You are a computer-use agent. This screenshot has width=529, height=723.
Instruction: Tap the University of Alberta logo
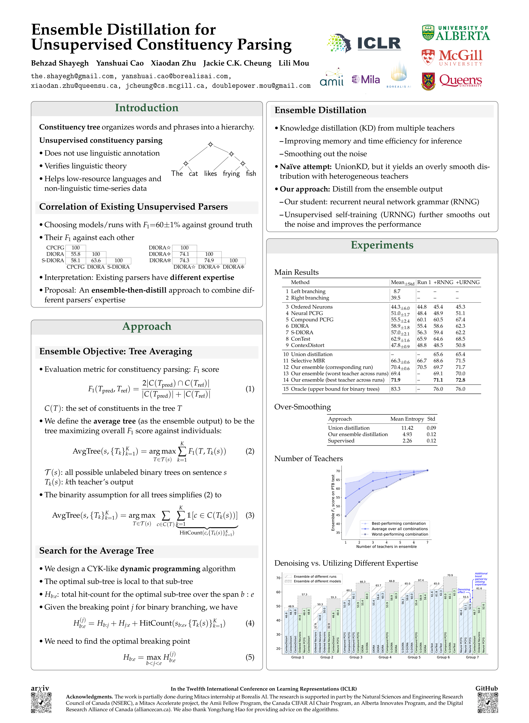(456, 33)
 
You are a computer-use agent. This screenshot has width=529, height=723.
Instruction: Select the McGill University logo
(452, 57)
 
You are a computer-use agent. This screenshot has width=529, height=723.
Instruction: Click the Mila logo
(366, 79)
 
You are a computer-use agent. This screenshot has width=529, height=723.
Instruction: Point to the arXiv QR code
(41, 703)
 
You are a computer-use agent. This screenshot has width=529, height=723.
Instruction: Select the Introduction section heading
(147, 108)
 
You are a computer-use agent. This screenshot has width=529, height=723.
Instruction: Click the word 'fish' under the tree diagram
(251, 173)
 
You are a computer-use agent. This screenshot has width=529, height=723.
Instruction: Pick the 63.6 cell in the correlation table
(96, 260)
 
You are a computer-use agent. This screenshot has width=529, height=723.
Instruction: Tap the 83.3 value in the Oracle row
(396, 389)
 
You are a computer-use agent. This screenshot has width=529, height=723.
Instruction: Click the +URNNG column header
(467, 282)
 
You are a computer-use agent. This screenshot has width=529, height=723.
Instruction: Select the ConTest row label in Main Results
(300, 339)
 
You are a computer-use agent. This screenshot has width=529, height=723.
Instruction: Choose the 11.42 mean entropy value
(407, 428)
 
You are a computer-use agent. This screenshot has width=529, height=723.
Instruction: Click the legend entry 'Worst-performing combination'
(399, 534)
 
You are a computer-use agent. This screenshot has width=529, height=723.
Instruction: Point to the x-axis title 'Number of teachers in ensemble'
(386, 547)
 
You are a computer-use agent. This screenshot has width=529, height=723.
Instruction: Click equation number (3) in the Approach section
(250, 515)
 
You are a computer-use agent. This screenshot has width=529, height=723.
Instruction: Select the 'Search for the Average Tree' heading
(97, 551)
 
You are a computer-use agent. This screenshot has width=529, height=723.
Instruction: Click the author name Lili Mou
(294, 63)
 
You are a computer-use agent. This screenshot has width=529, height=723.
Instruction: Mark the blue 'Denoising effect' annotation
(463, 590)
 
